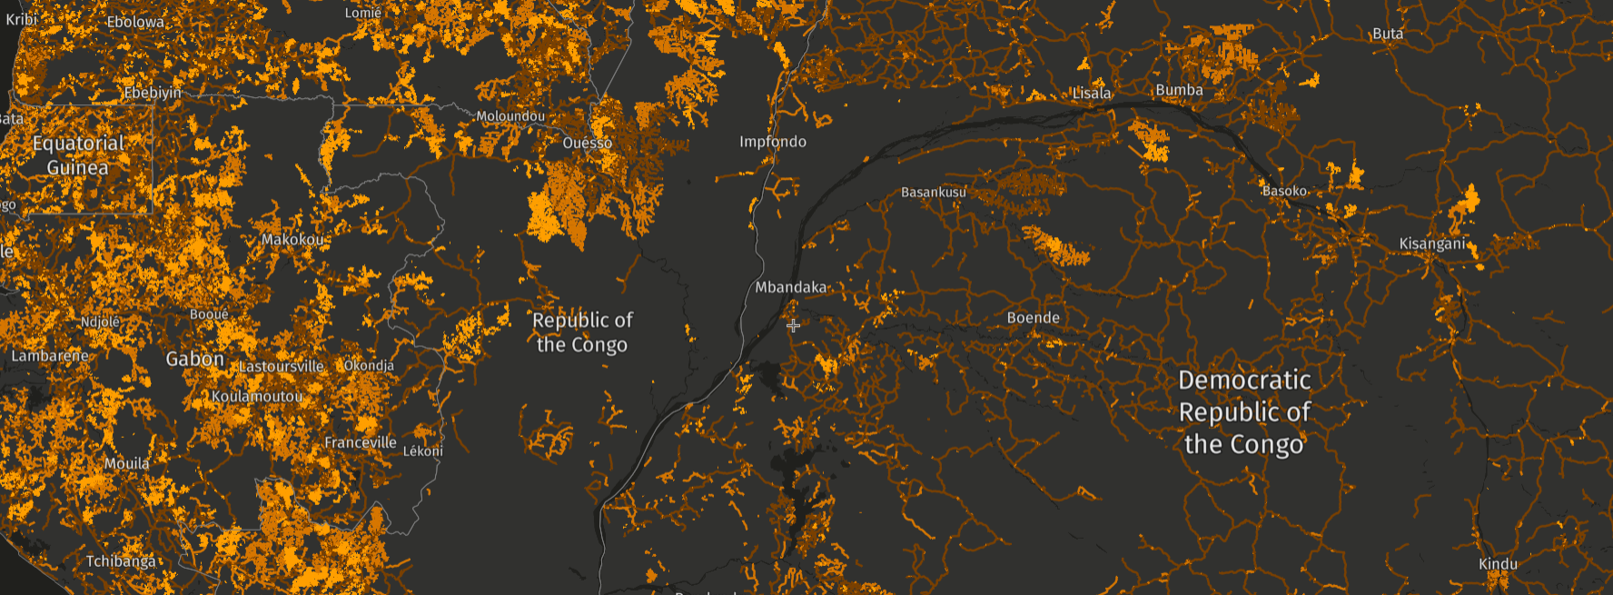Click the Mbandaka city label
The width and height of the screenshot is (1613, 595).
coord(791,287)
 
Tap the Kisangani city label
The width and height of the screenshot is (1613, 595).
coord(1431,243)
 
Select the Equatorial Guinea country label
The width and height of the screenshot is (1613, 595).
coord(78,155)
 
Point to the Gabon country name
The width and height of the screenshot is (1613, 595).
coord(194,359)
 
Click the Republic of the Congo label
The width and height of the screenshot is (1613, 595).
coord(582,332)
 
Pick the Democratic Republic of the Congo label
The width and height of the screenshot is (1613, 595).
coord(1244,412)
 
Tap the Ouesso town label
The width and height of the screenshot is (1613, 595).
coord(587,143)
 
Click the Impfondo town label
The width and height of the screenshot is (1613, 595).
coord(772,142)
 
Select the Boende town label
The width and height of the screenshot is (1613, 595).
coord(1033,318)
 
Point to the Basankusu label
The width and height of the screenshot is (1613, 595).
coord(933,193)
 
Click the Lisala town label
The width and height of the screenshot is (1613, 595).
coord(1091,94)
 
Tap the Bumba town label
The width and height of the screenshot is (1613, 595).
coord(1179,90)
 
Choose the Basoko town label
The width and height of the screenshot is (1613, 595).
coord(1284,191)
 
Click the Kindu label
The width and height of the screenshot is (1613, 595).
coord(1498,564)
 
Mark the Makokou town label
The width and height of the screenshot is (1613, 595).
coord(292,240)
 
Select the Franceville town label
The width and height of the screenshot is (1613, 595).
coord(360,442)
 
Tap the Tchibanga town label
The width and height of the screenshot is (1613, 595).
coord(121,561)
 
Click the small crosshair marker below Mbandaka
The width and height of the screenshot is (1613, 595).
coord(793,325)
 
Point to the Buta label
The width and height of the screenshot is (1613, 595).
coord(1387,34)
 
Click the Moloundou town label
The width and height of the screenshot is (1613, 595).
coord(510,116)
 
